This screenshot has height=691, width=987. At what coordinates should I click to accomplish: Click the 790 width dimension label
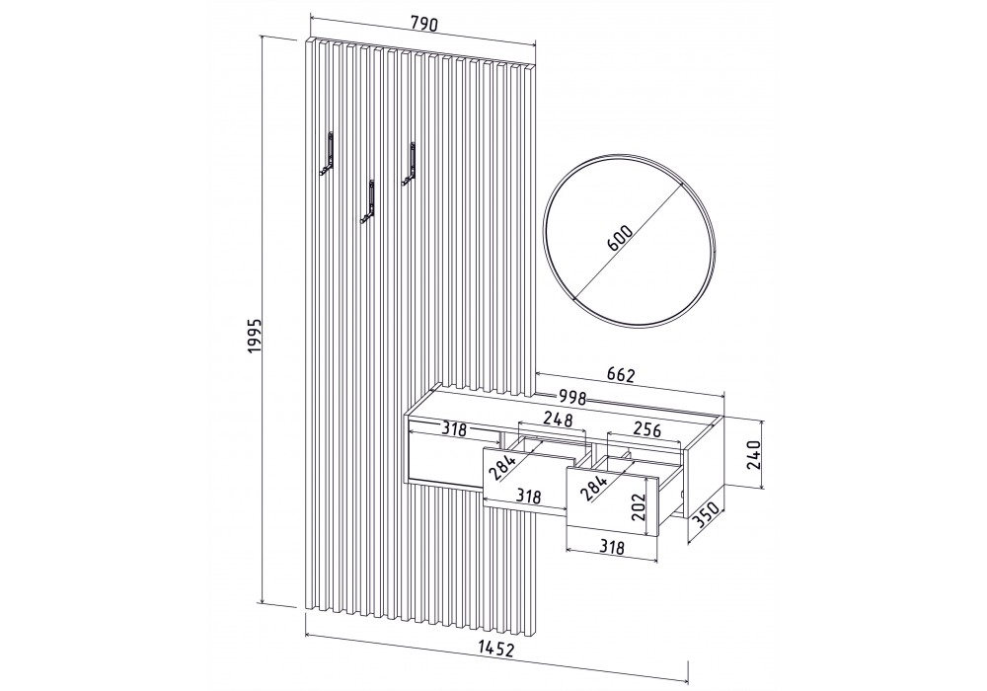click(424, 25)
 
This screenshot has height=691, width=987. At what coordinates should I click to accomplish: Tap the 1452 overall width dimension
click(496, 649)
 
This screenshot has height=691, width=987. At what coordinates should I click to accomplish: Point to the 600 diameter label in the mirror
click(621, 238)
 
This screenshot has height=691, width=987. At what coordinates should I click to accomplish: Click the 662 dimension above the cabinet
click(621, 375)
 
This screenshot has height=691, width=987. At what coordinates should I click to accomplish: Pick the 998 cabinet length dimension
click(572, 397)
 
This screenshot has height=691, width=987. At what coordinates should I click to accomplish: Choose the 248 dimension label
click(558, 419)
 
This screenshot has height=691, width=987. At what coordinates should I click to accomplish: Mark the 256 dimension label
click(646, 429)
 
